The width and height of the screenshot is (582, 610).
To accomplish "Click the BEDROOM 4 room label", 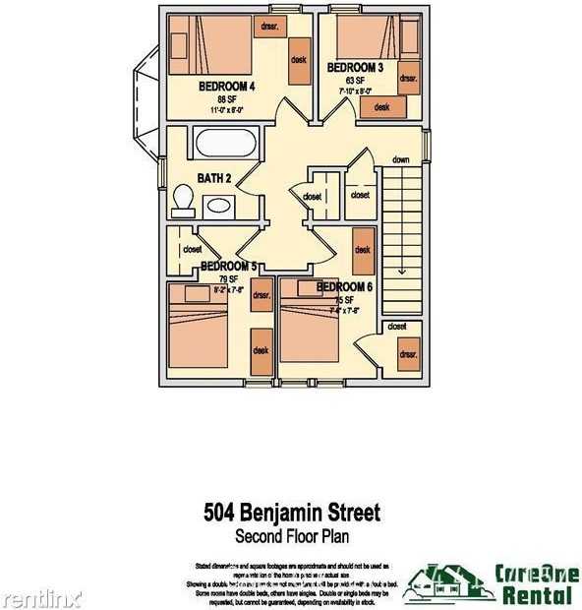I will pos(227,87).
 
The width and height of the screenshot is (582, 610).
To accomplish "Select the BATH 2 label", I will pos(214,179).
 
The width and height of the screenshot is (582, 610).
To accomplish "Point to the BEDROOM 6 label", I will pos(344,287).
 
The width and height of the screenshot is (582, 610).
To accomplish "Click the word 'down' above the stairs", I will pos(400,159).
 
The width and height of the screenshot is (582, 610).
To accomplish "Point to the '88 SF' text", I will pos(227,99).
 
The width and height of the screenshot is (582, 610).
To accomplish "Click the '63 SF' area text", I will pos(356,81).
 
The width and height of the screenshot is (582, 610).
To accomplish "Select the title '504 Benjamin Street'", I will pos(291,514).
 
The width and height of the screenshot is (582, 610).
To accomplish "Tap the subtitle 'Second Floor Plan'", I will pos(291,537).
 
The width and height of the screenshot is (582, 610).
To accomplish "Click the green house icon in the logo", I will pos(440,582).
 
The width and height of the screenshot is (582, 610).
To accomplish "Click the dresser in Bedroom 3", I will pos(409,77).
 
